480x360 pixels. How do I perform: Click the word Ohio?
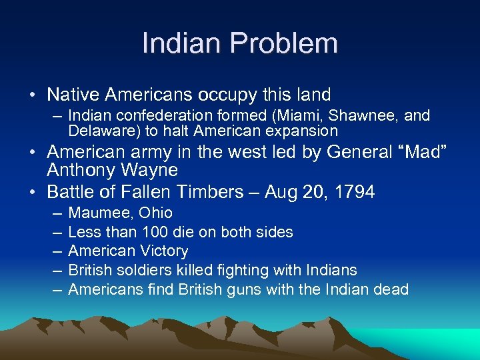pyautogui.click(x=155, y=213)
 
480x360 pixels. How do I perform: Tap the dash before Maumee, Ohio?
pyautogui.click(x=53, y=213)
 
